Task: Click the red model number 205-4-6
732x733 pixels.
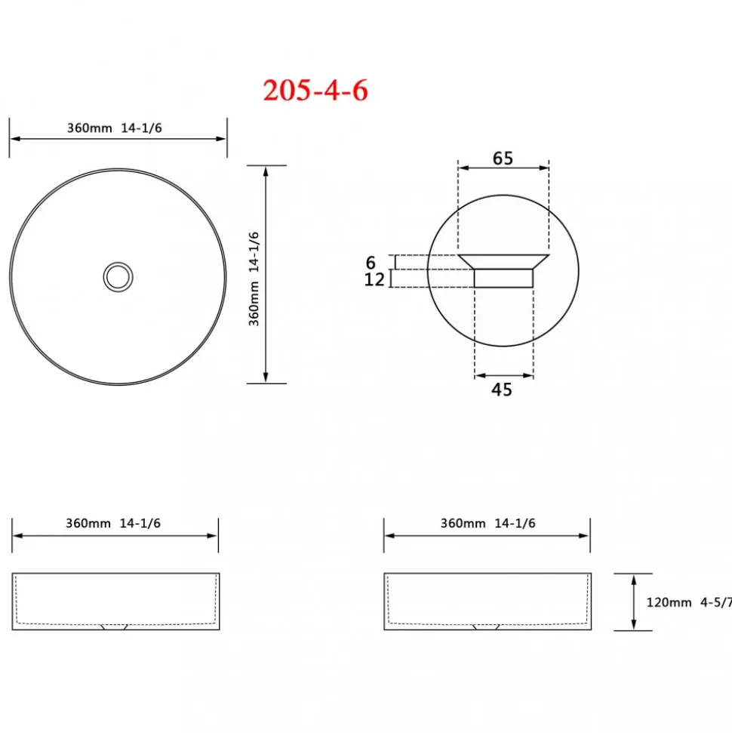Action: click(x=315, y=91)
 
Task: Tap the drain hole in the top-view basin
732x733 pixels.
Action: click(x=118, y=277)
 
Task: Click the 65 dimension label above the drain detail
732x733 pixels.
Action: click(x=503, y=159)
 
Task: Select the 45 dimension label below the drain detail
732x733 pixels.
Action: click(x=502, y=390)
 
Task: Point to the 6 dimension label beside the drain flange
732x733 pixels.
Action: click(x=371, y=262)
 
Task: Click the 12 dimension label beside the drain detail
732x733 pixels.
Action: click(x=374, y=279)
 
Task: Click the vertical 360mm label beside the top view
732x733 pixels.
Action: click(x=254, y=304)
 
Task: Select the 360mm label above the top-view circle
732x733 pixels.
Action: click(x=90, y=128)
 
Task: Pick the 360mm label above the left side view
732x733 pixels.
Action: click(x=88, y=523)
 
